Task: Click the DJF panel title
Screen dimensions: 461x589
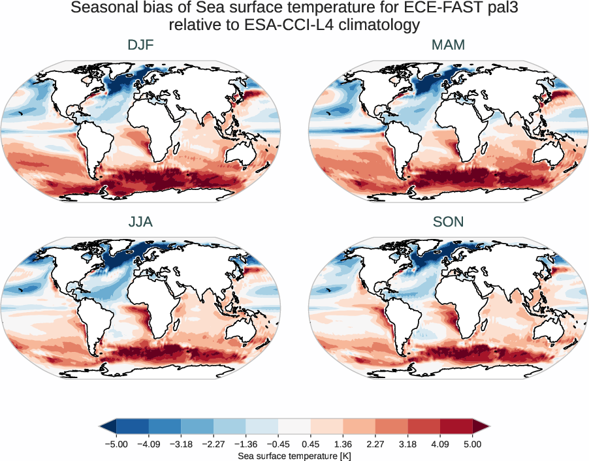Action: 140,45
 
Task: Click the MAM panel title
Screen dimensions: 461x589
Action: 448,45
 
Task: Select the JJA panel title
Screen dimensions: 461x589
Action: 140,222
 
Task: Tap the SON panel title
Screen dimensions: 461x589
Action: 448,222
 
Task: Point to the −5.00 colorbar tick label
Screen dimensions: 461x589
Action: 116,443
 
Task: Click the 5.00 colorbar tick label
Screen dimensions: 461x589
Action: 473,443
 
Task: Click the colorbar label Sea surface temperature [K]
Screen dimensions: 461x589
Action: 294,454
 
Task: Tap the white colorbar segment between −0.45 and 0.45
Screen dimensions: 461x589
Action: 294,426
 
